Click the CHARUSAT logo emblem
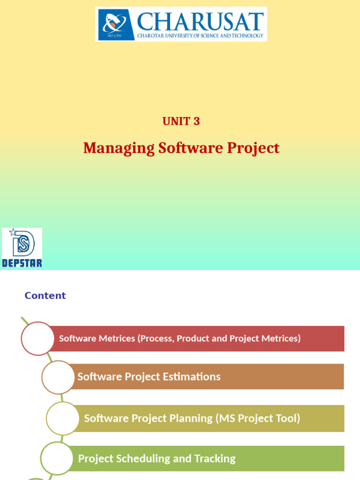click(x=115, y=23)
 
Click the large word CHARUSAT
click(x=200, y=21)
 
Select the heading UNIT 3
click(x=181, y=121)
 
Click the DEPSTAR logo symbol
click(x=22, y=243)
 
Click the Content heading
click(x=45, y=295)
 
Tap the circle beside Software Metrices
click(x=37, y=338)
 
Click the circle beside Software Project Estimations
click(x=58, y=377)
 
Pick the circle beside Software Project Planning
click(x=63, y=418)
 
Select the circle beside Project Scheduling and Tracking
click(x=57, y=458)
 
